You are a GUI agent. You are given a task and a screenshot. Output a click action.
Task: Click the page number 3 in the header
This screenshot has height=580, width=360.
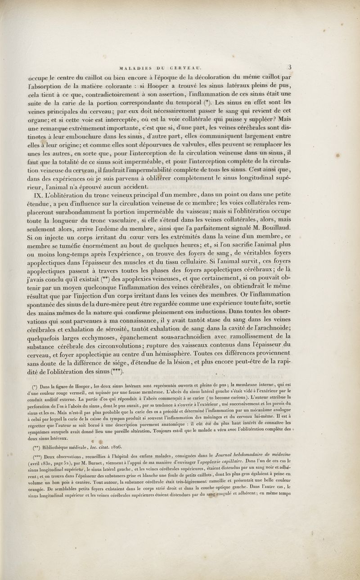pos(291,67)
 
